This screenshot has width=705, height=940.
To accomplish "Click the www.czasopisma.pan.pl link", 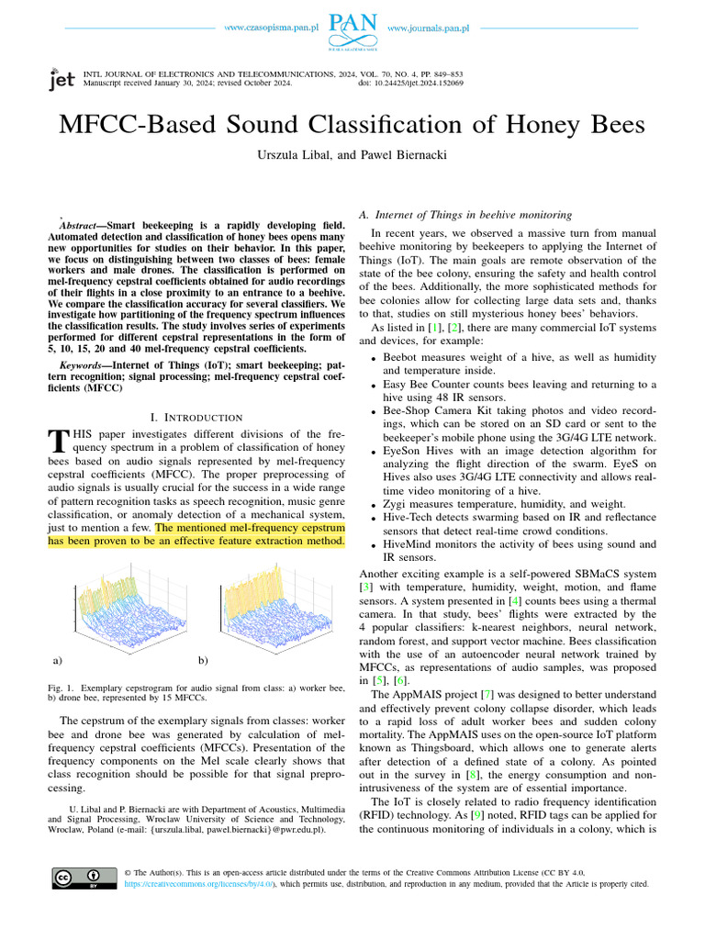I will click(271, 28).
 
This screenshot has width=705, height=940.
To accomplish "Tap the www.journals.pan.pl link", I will click(429, 28).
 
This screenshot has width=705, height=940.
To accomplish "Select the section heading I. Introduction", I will click(196, 418).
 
